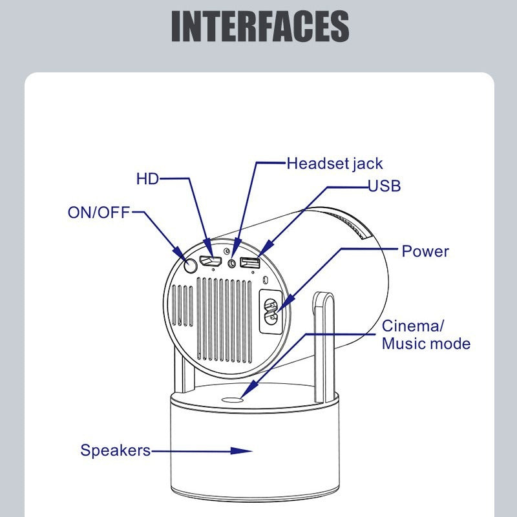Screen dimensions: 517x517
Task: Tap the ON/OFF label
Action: [99, 212]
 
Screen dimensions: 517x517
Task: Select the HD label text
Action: [147, 178]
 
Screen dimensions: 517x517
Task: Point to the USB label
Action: [385, 186]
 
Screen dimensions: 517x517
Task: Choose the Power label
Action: [425, 251]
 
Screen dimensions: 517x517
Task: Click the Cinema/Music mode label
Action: [425, 334]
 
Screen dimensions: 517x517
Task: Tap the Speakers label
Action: [115, 450]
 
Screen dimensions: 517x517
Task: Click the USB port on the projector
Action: [249, 262]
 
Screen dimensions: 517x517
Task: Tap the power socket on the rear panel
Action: [269, 311]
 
